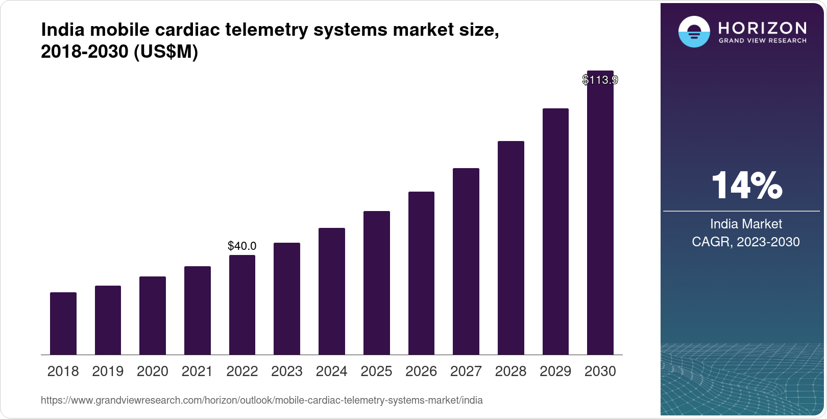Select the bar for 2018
(x=63, y=323)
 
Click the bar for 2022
(x=242, y=305)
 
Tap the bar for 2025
(x=376, y=283)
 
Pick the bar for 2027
(x=466, y=261)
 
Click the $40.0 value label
(x=242, y=246)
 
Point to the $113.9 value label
(x=600, y=80)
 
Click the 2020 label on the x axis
(x=152, y=371)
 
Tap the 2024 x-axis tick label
(x=331, y=371)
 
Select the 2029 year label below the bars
(x=555, y=371)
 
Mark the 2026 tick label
(x=421, y=371)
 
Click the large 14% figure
(x=746, y=185)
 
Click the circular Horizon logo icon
(x=694, y=32)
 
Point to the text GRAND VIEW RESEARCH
(x=762, y=40)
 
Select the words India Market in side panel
(x=746, y=224)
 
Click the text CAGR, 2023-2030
(x=745, y=242)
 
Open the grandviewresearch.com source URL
(x=261, y=400)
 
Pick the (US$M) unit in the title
(x=165, y=52)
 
